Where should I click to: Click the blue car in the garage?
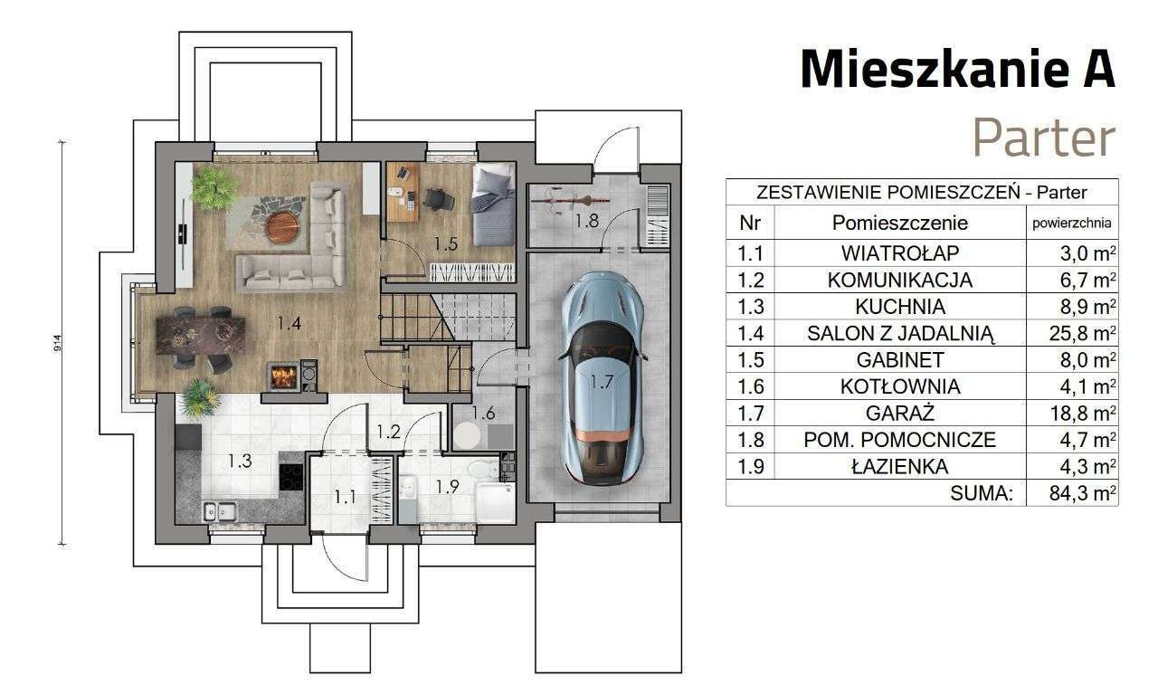pyautogui.click(x=603, y=378)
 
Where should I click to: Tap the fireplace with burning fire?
pyautogui.click(x=282, y=376)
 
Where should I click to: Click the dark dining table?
pyautogui.click(x=201, y=335)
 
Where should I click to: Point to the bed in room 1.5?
pyautogui.click(x=494, y=205)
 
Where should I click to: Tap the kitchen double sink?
pyautogui.click(x=220, y=511)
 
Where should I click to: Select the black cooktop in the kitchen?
pyautogui.click(x=292, y=477)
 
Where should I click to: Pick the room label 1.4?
pyautogui.click(x=289, y=323)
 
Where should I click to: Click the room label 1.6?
pyautogui.click(x=483, y=413)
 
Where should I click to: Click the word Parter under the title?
pyautogui.click(x=1044, y=138)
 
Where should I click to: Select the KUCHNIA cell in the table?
pyautogui.click(x=900, y=307)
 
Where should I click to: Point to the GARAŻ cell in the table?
pyautogui.click(x=900, y=413)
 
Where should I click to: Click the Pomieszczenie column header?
pyautogui.click(x=900, y=223)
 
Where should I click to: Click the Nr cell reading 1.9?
pyautogui.click(x=750, y=466)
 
